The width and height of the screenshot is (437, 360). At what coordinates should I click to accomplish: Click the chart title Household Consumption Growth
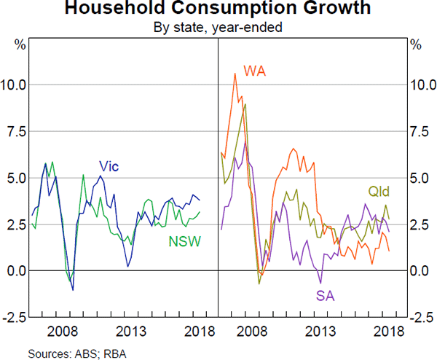tap(218, 9)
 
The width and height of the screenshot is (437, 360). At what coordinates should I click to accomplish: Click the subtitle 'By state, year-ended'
tap(218, 28)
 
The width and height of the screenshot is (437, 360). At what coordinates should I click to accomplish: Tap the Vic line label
tap(109, 167)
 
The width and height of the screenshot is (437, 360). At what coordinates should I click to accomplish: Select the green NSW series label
tap(186, 241)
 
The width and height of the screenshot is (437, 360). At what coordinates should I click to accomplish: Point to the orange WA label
tap(255, 71)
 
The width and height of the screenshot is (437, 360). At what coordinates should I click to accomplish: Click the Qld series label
tap(378, 192)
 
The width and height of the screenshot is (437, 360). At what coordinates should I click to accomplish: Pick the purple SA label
tap(326, 296)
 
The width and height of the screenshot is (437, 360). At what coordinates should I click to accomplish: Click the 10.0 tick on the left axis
tap(17, 85)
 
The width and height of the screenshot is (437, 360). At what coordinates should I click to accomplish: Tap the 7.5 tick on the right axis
tap(419, 131)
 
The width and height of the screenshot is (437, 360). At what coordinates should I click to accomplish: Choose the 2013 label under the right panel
tap(320, 331)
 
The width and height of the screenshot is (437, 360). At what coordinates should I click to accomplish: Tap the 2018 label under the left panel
tap(197, 331)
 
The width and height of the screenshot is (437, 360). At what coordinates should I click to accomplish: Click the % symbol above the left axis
tap(20, 44)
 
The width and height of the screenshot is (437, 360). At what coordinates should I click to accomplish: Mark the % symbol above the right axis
tap(416, 44)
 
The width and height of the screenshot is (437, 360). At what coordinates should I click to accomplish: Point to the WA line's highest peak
tap(235, 73)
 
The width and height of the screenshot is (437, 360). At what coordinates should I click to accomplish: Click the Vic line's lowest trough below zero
tap(73, 290)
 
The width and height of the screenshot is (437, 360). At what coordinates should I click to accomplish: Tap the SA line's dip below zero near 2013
tap(320, 283)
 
